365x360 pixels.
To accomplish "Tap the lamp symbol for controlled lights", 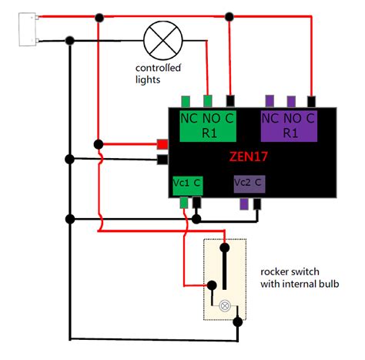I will coord(162,40).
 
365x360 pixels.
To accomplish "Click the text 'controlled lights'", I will coord(159,74).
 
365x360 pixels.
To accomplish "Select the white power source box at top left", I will coord(27,27).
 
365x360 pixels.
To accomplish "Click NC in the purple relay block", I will coord(270,119).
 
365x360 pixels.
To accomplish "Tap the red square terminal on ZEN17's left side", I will coord(163,144).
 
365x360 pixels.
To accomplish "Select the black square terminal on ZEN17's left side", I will coord(163,160).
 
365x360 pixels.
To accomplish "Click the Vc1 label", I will coord(181,183).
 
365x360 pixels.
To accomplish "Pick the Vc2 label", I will coord(244,183).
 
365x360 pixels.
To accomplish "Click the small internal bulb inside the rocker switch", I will coord(225,305).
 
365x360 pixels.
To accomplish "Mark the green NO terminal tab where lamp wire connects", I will coord(208,100).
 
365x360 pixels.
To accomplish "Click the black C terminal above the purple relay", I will coord(310,100).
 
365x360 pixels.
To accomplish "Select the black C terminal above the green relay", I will coord(230,100).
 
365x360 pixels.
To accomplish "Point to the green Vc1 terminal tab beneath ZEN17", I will coord(184,203).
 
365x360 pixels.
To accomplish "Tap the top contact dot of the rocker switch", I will coord(225,248).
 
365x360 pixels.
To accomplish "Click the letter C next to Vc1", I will coord(197,183).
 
